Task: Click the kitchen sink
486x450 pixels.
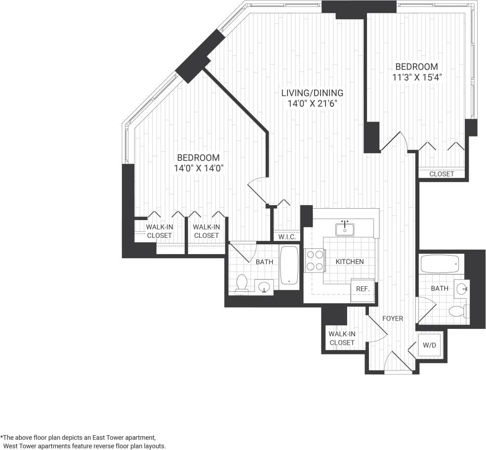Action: click(345, 229)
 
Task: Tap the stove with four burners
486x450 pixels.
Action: click(315, 261)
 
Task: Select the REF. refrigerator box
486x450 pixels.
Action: click(363, 290)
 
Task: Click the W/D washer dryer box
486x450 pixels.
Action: click(429, 346)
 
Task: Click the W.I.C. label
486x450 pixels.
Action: click(286, 237)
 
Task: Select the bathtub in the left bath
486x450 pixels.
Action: click(289, 265)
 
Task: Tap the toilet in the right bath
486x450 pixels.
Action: click(456, 312)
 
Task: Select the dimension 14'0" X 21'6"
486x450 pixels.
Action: click(312, 103)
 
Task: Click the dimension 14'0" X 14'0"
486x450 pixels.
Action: click(199, 168)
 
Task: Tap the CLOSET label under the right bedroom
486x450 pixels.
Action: click(441, 174)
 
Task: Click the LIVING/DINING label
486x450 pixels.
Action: click(312, 93)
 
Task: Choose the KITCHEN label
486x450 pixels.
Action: click(350, 262)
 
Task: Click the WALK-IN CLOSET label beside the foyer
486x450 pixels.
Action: click(341, 338)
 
